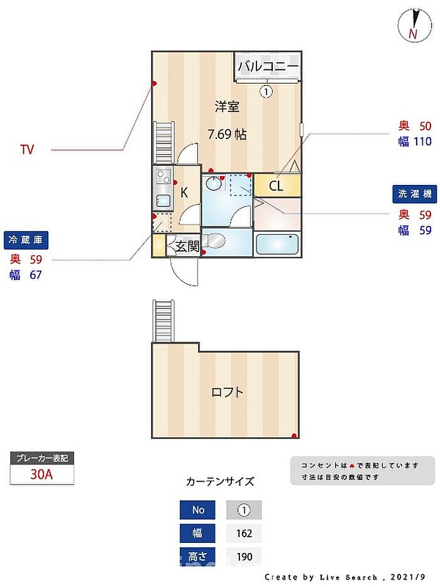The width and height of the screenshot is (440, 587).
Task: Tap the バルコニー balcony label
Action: click(x=268, y=66)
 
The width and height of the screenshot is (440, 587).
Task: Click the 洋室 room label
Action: click(x=227, y=107)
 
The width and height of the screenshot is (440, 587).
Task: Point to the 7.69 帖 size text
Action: click(x=227, y=134)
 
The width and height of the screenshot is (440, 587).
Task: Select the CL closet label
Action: click(x=276, y=186)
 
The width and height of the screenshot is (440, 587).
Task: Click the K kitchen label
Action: click(x=184, y=193)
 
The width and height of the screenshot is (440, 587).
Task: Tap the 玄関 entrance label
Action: click(x=187, y=247)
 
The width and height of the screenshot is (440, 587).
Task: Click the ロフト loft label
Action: click(x=227, y=393)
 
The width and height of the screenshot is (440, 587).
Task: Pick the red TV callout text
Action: click(x=27, y=150)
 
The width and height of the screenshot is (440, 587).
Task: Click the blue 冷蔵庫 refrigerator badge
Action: click(x=26, y=240)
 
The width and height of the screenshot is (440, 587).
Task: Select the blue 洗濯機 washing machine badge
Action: click(x=415, y=194)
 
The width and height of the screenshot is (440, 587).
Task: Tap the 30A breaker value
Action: click(x=41, y=474)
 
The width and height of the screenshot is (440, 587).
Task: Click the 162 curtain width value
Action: click(x=244, y=533)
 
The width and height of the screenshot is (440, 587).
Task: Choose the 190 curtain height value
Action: click(x=244, y=557)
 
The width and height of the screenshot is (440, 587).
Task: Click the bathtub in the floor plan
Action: click(x=277, y=244)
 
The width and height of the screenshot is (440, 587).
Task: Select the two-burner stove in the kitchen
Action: click(x=163, y=176)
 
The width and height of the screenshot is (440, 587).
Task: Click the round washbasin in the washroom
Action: click(x=213, y=183)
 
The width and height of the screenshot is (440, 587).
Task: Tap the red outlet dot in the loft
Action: click(x=294, y=435)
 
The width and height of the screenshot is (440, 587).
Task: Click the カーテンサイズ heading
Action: click(x=220, y=481)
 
